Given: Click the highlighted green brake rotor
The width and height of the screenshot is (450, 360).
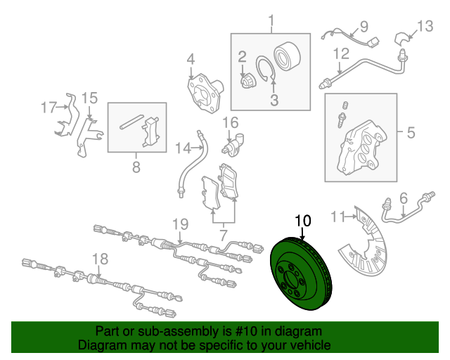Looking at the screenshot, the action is point(301,274).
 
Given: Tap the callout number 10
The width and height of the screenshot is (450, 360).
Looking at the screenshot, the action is point(303,221).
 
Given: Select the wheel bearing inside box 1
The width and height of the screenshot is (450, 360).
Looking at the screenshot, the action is point(287,56).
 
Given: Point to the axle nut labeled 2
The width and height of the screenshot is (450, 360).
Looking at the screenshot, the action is point(247,81).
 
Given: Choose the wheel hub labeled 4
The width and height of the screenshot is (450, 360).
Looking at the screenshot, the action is point(205,93).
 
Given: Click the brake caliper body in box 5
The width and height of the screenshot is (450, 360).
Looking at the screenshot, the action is point(361,148).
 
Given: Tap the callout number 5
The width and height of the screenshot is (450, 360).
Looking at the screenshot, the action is point(411,133).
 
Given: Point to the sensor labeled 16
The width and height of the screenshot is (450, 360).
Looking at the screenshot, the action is point(233,145).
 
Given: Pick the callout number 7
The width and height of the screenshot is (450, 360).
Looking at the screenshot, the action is point(223,236).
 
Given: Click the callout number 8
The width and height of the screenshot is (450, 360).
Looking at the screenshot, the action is point(136,167).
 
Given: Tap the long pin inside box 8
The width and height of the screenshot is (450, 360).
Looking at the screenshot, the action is point(131,122).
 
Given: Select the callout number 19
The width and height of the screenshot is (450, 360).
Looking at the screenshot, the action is point(180,224).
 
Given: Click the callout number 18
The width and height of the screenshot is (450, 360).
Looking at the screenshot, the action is point(100,259).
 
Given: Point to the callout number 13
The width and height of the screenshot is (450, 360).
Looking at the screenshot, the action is point(425,27).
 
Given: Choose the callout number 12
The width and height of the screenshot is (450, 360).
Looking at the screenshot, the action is point(341,53).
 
